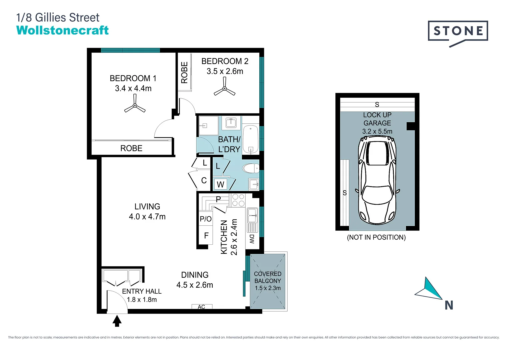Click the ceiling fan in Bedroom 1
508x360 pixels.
pos(135,105)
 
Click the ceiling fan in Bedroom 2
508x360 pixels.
pos(225,89)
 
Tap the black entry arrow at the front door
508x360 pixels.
pos(117,321)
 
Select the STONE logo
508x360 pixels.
pos(458,32)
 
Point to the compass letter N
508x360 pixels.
pos(449,305)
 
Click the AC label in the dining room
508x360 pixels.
pos(201,307)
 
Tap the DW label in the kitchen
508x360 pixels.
pos(252,239)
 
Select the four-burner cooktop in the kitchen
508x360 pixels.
pos(238,200)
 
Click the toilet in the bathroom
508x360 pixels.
pos(251,168)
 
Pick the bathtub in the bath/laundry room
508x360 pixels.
pos(251,139)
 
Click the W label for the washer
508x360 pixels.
pos(220,184)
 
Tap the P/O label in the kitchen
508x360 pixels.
pos(206,219)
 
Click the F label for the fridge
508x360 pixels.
pos(206,236)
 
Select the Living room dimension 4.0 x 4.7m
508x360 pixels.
pos(147,217)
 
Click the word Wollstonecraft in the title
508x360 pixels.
pos(62,30)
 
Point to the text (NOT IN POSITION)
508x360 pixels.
pos(376,237)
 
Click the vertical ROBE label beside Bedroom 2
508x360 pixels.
pos(184,72)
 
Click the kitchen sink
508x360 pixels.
pos(252,215)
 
